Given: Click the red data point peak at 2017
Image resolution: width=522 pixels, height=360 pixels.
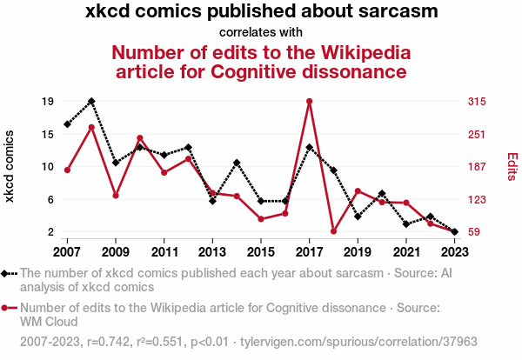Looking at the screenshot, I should point(310,102).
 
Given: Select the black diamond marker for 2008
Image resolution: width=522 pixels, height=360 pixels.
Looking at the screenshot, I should point(91,101).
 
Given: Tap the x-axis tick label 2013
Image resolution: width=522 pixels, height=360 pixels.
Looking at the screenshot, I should point(213,251).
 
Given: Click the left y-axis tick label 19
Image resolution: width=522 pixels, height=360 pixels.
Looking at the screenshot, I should point(48,102).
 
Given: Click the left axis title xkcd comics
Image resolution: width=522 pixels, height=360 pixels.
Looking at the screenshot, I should point(10,167).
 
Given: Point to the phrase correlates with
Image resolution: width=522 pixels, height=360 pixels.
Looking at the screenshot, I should point(261,32).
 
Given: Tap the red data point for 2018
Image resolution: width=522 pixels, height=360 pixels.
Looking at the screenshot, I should point(334,231).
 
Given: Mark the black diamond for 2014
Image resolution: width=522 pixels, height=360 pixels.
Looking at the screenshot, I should point(237,163).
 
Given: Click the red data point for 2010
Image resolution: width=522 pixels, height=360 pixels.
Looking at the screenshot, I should point(140,137).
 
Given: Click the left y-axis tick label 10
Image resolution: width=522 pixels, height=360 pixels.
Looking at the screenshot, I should point(48,167).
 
